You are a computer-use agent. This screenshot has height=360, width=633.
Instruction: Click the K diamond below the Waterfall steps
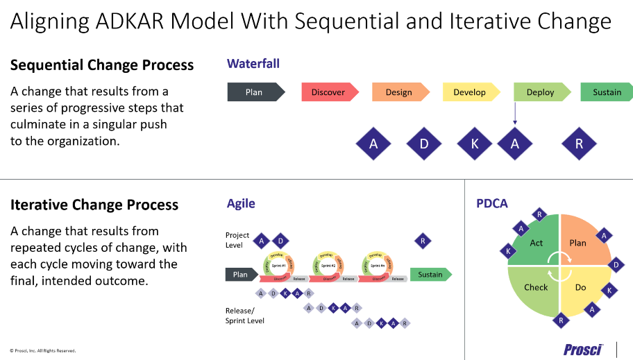[475, 144]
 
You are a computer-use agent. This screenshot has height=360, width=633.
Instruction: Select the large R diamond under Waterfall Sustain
[580, 144]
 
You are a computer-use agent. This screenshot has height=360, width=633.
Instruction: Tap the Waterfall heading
[253, 64]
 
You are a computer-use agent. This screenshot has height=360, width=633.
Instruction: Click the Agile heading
[241, 203]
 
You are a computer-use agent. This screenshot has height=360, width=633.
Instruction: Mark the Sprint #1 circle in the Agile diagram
[278, 265]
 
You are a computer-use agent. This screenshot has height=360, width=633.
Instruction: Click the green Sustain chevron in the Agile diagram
[430, 275]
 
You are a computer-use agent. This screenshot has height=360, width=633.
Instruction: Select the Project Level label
[237, 240]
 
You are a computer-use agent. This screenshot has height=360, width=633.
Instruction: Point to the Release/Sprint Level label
[245, 316]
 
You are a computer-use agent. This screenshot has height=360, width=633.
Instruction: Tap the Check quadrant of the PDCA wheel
[535, 287]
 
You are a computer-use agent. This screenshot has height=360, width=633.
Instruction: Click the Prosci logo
[583, 348]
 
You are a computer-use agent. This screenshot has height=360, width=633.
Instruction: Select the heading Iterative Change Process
[94, 205]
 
